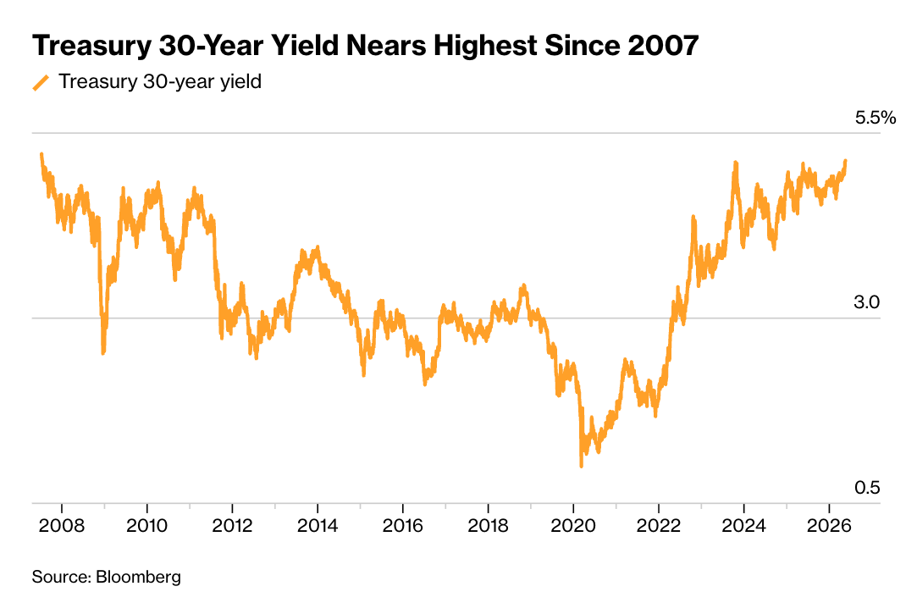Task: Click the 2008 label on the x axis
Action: pos(62,526)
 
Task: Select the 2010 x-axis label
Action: pos(146,526)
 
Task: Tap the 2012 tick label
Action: pos(232,526)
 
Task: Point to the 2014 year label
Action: pos(318,526)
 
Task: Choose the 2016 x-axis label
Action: pos(403,526)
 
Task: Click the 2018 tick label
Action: pos(489,526)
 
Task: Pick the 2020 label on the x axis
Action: pos(573,526)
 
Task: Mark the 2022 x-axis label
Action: pos(659,526)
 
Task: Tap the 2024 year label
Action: pos(744,526)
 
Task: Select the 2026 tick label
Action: pos(829,526)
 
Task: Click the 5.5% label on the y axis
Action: pos(876,118)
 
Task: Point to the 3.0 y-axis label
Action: pos(867,302)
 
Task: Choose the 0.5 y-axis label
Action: pos(867,488)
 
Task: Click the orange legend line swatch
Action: pos(41,82)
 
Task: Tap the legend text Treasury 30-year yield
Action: pos(160,82)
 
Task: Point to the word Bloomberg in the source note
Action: pos(139,578)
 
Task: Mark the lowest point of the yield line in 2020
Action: pos(582,466)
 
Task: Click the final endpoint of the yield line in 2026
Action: pos(845,161)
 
